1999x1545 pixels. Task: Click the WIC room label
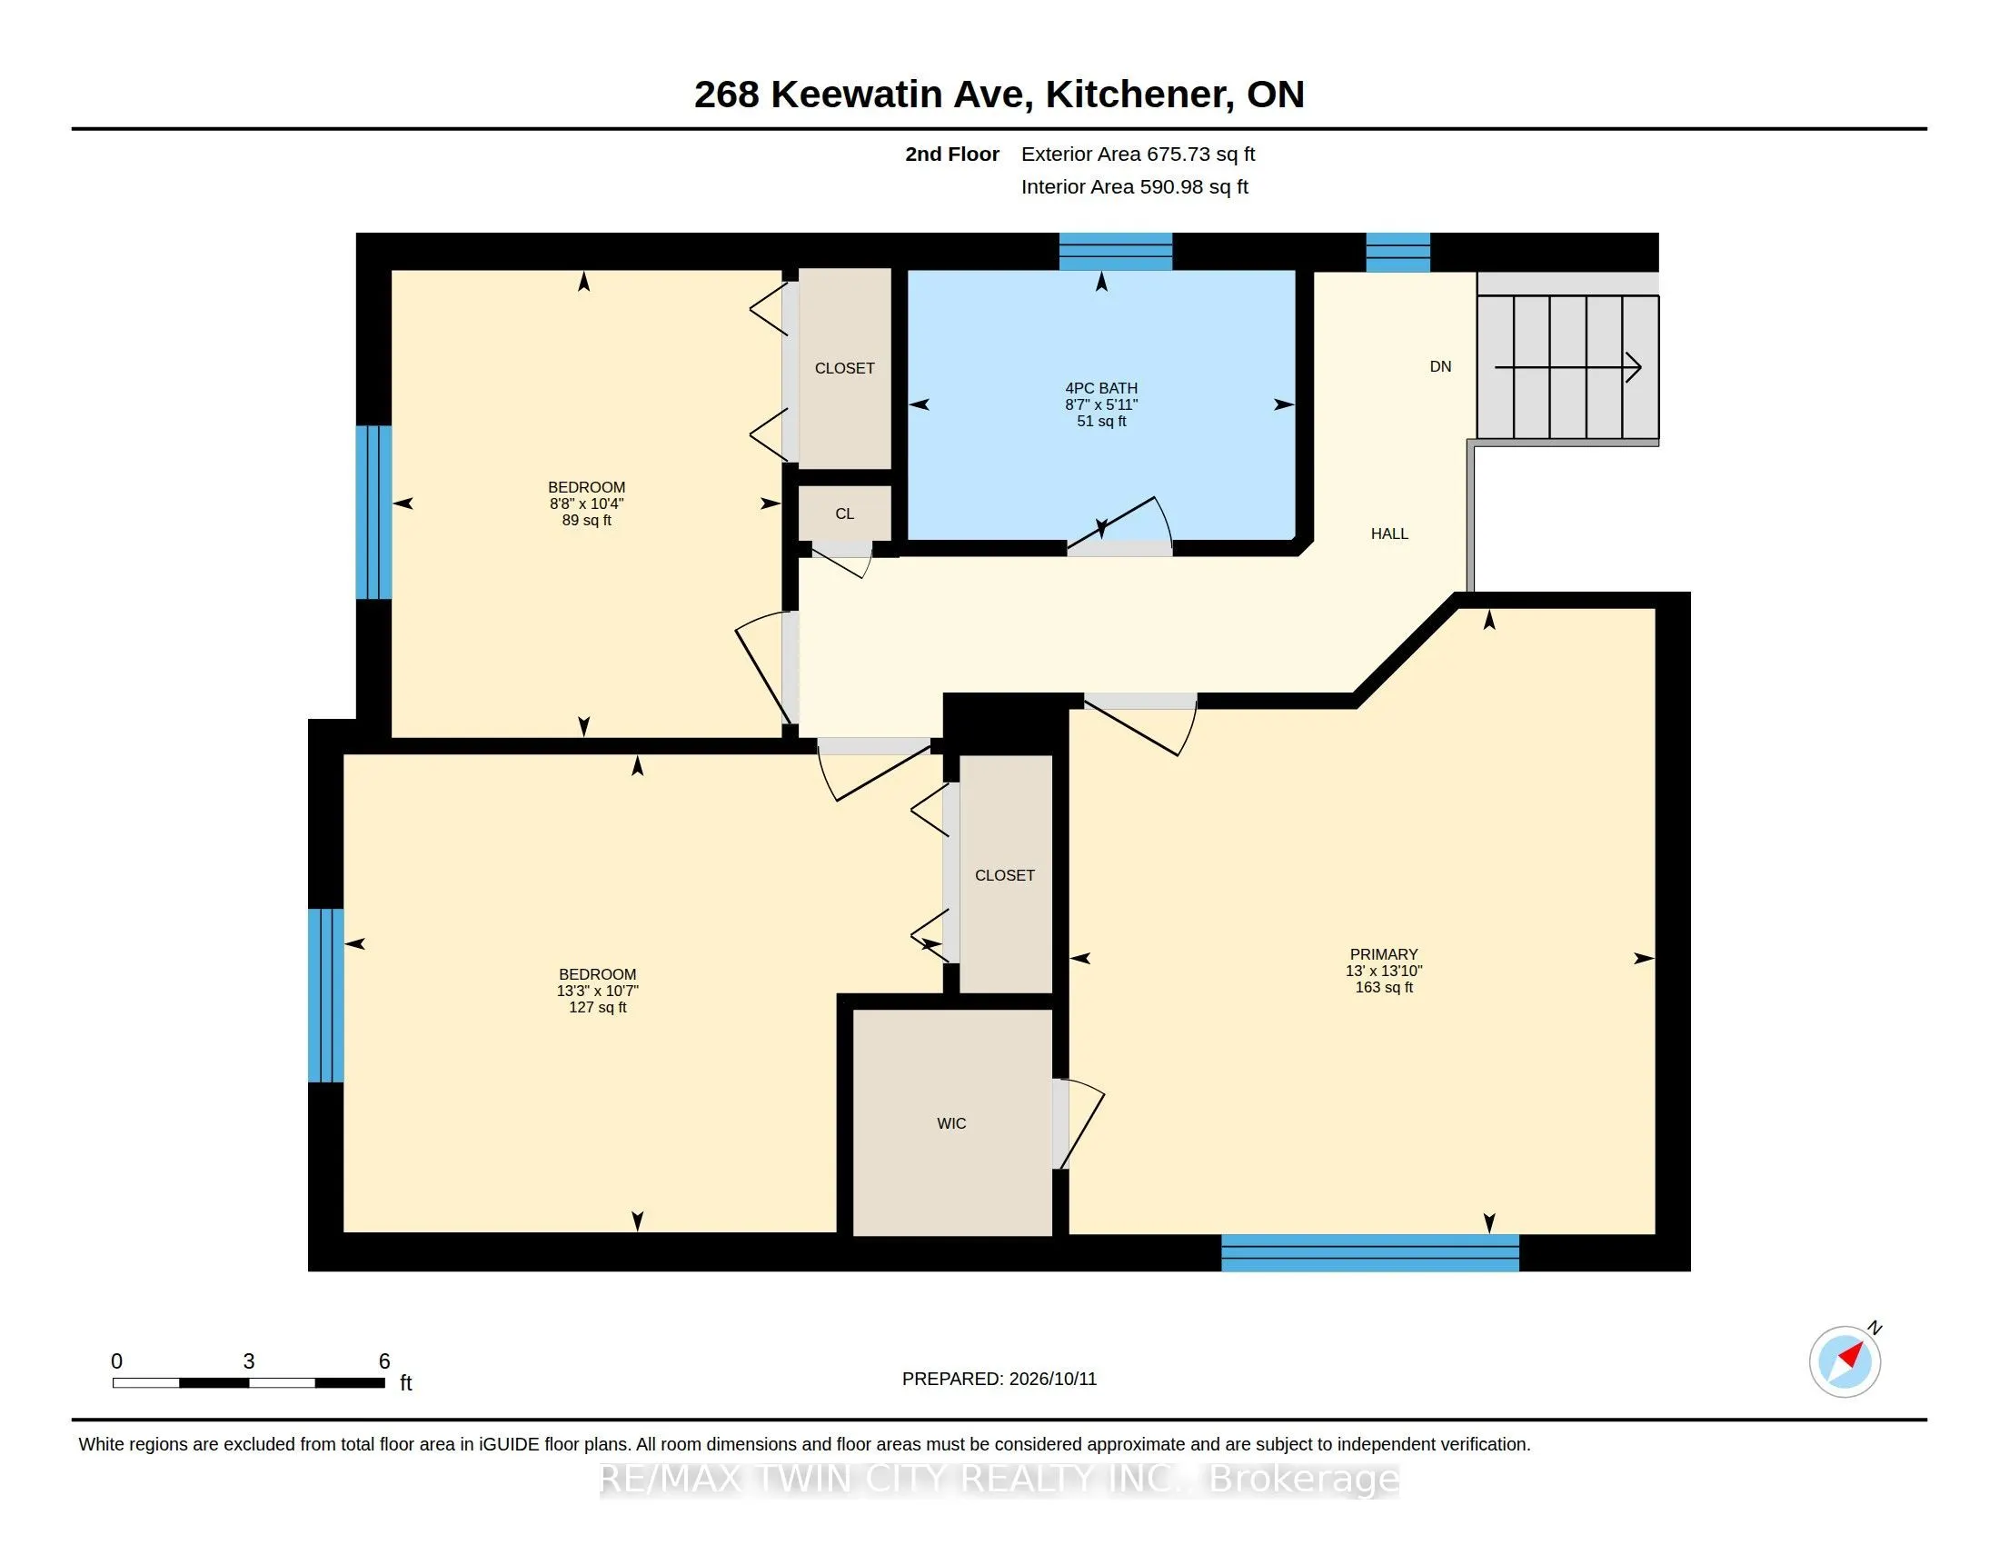(951, 1123)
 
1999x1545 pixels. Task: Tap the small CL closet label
(844, 513)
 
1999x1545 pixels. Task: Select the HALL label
(1388, 533)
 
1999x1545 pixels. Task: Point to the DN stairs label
(1440, 366)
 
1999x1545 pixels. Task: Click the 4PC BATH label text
(1101, 388)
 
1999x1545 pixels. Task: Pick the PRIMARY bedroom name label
(1383, 953)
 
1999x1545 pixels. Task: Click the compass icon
(1845, 1361)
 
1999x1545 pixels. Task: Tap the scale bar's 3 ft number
(248, 1361)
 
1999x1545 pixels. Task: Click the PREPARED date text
(999, 1379)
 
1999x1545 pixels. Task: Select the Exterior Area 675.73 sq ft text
(1138, 154)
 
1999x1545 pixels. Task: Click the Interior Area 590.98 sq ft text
(1134, 186)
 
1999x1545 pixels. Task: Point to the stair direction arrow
(1568, 368)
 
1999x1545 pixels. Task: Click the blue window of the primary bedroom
(1370, 1253)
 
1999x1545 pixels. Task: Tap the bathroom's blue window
(1116, 252)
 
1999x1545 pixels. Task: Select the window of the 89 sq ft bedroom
(373, 513)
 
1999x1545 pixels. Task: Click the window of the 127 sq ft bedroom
(326, 996)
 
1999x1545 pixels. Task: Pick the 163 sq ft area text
(1384, 987)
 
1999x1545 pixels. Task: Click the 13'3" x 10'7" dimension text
(597, 991)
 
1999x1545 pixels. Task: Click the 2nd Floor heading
(952, 154)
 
